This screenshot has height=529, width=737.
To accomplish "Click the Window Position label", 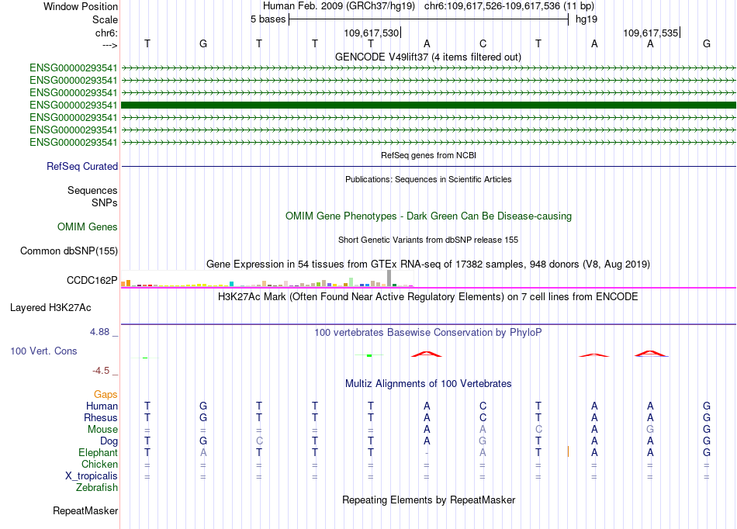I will click(x=81, y=6).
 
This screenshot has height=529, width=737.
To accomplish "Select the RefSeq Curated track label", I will click(x=82, y=166).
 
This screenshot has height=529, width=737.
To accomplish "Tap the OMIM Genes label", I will click(x=88, y=227).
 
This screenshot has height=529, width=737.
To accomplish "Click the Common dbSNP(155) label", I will click(x=69, y=251).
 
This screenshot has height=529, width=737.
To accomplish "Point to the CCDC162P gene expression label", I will click(x=92, y=280).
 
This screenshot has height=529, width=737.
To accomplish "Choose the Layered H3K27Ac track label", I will click(x=50, y=307).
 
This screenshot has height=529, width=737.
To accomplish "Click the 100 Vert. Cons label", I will click(x=43, y=351).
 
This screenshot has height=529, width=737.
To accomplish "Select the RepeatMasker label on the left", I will click(x=85, y=511).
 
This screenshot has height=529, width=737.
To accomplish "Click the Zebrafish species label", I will click(x=97, y=488).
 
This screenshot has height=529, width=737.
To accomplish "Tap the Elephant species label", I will click(x=98, y=452).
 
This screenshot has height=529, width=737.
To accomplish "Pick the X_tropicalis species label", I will click(x=90, y=475).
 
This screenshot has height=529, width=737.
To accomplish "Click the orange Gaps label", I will click(x=106, y=395).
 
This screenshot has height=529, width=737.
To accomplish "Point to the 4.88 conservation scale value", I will click(x=103, y=331).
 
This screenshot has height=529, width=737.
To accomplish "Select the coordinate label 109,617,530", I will click(x=372, y=33).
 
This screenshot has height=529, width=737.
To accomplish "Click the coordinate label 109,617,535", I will click(x=651, y=33).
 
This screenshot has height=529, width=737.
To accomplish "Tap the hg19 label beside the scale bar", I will click(x=586, y=19).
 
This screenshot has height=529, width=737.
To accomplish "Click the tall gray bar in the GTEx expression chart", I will click(x=389, y=278).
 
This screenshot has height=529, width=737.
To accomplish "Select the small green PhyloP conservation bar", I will click(x=370, y=355).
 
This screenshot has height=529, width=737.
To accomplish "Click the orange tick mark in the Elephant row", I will click(x=569, y=451).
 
